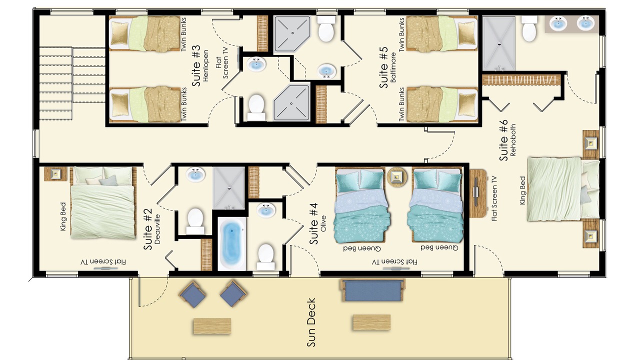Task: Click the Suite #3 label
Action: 196,65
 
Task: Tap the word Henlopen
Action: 205,66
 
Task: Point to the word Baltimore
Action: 393,67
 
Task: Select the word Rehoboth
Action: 513,140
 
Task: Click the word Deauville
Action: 157,229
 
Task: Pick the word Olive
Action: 323,223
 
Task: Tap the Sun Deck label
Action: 311,322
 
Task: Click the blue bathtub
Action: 231,243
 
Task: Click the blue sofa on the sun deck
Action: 372,290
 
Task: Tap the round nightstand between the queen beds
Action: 396,177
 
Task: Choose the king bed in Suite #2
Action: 103,203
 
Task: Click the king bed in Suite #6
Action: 563,189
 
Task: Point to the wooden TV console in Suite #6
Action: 478,193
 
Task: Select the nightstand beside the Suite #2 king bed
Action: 55,173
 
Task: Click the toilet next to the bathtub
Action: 265,256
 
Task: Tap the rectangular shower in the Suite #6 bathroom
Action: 499,43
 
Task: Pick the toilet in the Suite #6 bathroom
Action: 529,28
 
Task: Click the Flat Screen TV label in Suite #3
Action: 222,67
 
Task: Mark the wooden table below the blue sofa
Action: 371,322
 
